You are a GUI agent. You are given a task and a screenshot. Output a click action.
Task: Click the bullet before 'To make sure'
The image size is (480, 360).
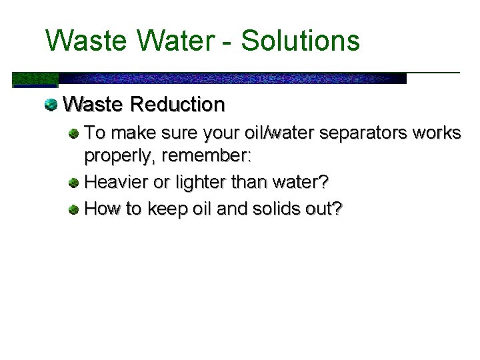(75, 133)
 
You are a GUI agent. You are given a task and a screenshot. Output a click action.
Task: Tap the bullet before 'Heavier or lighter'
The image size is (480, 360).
(75, 181)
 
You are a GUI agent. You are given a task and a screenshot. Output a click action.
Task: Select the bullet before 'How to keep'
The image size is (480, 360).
(75, 209)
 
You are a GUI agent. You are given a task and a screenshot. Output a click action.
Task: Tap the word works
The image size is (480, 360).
(437, 133)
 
